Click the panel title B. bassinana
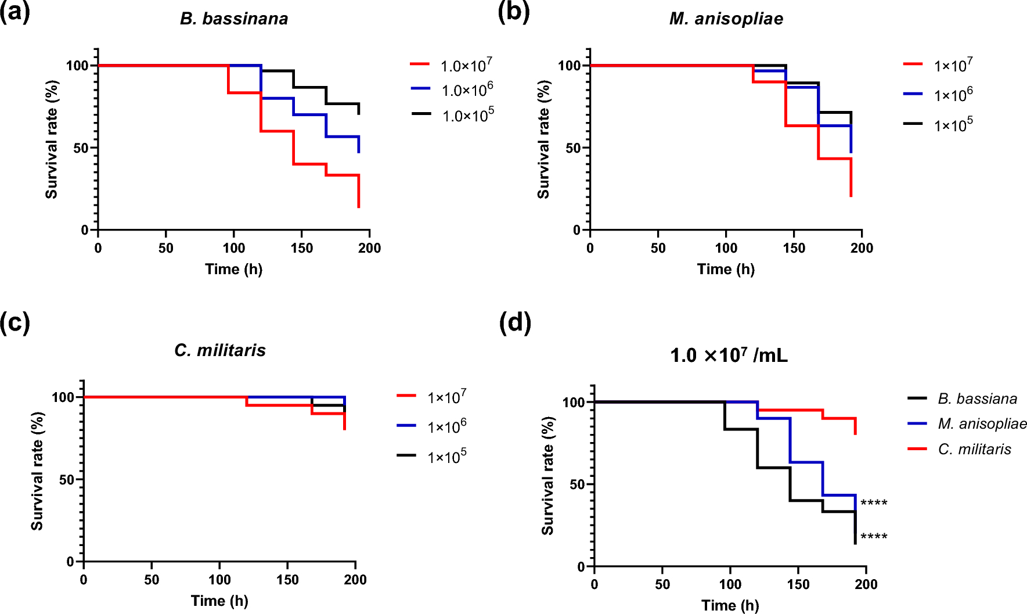point(234,19)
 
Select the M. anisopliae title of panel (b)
point(726,19)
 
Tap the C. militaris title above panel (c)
point(220,350)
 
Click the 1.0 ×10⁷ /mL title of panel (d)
point(729,355)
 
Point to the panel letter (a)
point(15,12)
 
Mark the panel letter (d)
point(515,322)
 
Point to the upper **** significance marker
point(874,502)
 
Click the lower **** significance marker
point(874,536)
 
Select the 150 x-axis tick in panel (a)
point(302,248)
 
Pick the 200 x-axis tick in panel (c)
point(355,580)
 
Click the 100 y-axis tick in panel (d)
point(574,402)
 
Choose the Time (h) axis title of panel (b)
point(726,269)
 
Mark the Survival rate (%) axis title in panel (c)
point(37,471)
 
